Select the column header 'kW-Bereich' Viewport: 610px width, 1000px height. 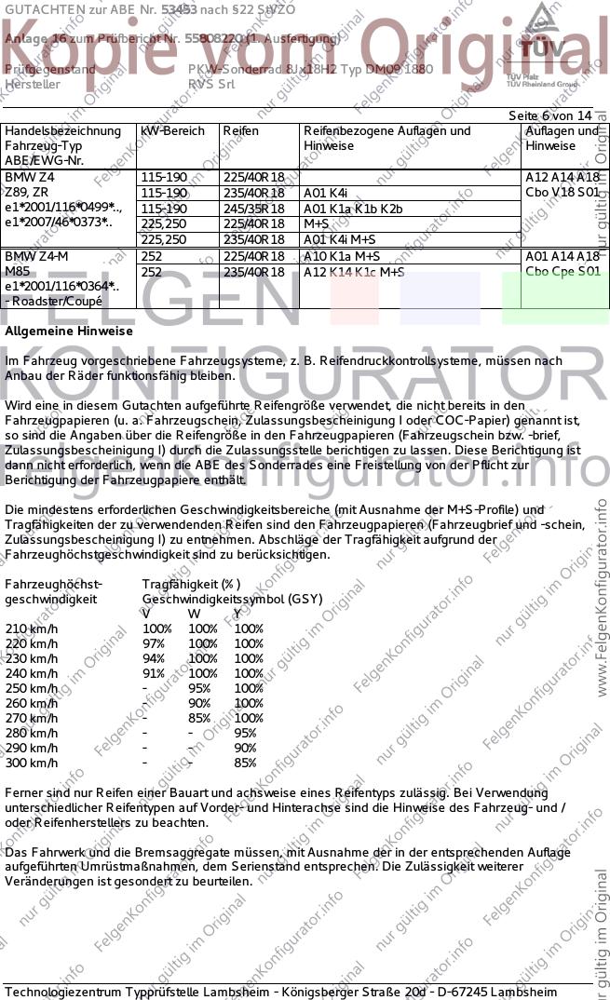pyautogui.click(x=172, y=131)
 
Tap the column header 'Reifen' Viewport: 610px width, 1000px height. pyautogui.click(x=240, y=131)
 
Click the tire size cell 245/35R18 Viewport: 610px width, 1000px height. pyautogui.click(x=253, y=209)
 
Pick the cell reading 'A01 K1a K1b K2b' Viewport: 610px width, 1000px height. pyautogui.click(x=353, y=209)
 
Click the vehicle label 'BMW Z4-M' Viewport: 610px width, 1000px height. pyautogui.click(x=36, y=256)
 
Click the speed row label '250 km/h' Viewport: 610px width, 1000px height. pyautogui.click(x=32, y=688)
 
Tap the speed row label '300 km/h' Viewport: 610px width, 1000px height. pyautogui.click(x=32, y=763)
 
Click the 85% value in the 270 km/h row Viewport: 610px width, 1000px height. pyautogui.click(x=199, y=718)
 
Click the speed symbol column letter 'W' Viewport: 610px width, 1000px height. pyautogui.click(x=194, y=614)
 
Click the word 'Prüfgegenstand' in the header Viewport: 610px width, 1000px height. pyautogui.click(x=50, y=70)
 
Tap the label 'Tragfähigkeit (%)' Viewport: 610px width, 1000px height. pyautogui.click(x=191, y=584)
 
